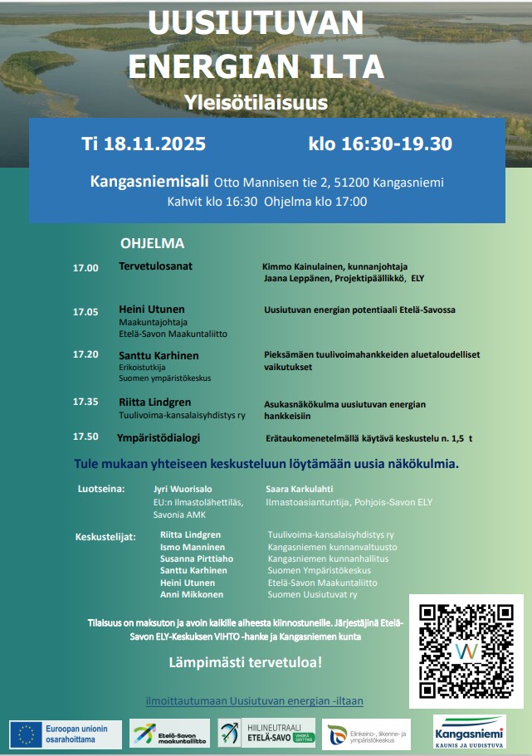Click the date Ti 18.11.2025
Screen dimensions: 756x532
[144, 144]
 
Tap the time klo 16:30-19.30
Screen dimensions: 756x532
[379, 144]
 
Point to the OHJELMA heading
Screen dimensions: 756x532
[152, 244]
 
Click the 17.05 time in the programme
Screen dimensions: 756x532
[85, 312]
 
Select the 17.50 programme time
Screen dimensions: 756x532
[85, 437]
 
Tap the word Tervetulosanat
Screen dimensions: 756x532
[155, 267]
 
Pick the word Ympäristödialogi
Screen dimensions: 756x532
[159, 437]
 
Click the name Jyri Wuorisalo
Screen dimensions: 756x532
[183, 490]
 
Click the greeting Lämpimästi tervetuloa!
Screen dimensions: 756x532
[245, 663]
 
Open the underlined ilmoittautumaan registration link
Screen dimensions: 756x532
[254, 701]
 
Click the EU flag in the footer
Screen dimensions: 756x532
[27, 734]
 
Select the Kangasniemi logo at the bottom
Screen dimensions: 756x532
[469, 733]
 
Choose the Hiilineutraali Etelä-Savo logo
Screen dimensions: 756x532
[266, 734]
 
